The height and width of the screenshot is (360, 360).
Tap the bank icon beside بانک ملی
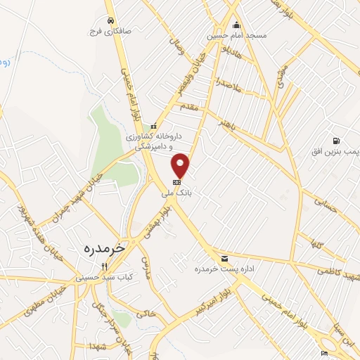(176, 182)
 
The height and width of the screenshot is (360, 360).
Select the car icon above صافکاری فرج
(110, 20)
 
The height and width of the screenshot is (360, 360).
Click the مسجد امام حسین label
(228, 34)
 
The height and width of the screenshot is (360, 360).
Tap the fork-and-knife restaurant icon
(105, 266)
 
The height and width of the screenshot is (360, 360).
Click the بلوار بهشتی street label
(156, 224)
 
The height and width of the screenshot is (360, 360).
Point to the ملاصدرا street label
(229, 84)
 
